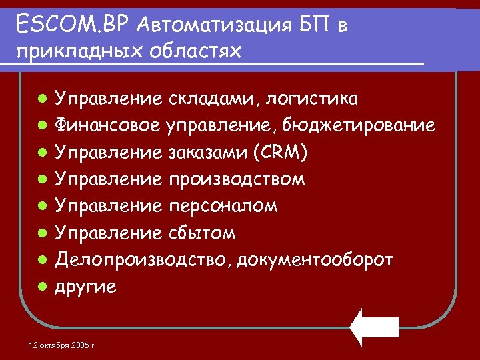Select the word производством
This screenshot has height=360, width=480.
[237, 179]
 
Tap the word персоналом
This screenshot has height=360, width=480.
[223, 206]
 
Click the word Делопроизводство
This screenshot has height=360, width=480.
[143, 259]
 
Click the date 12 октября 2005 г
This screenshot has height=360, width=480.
[63, 345]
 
